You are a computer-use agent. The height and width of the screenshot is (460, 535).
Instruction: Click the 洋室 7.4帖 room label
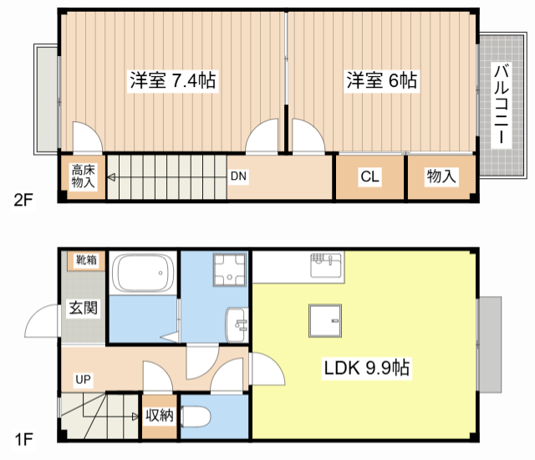pyautogui.click(x=173, y=81)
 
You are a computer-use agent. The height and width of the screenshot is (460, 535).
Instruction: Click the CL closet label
pyautogui.click(x=369, y=176)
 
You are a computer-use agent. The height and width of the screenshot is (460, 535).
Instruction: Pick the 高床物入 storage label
pyautogui.click(x=82, y=176)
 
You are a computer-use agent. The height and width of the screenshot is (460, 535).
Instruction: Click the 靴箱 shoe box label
pyautogui.click(x=85, y=260)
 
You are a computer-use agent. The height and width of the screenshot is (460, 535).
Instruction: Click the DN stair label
pyautogui.click(x=238, y=176)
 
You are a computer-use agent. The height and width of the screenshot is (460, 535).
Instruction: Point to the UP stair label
pyautogui.click(x=83, y=380)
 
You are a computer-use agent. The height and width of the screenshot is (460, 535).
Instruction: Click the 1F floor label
pyautogui.click(x=23, y=437)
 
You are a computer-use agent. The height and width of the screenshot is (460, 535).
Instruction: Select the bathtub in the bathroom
pyautogui.click(x=143, y=273)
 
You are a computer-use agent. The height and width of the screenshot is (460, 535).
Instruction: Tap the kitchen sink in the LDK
pyautogui.click(x=325, y=265)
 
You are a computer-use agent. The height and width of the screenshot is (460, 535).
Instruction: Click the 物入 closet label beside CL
pyautogui.click(x=441, y=176)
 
